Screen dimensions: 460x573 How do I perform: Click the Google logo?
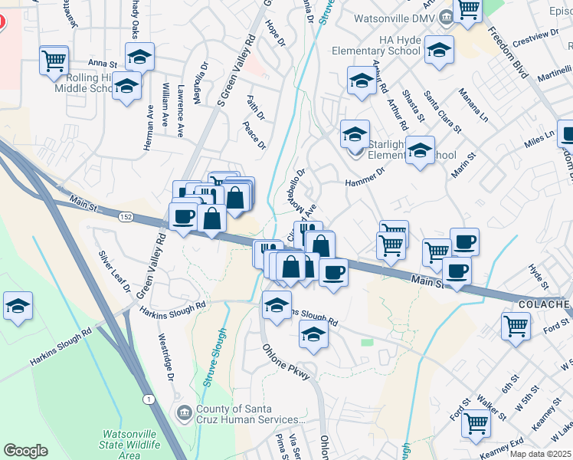(25, 451)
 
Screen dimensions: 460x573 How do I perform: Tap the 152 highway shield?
(125, 219)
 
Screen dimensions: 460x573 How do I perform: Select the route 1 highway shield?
(147, 399)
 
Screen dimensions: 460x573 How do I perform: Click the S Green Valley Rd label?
(236, 70)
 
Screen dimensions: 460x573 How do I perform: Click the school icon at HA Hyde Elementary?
(439, 50)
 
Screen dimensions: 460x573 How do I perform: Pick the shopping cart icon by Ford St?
(516, 325)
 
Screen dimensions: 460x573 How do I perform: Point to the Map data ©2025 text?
(540, 453)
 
